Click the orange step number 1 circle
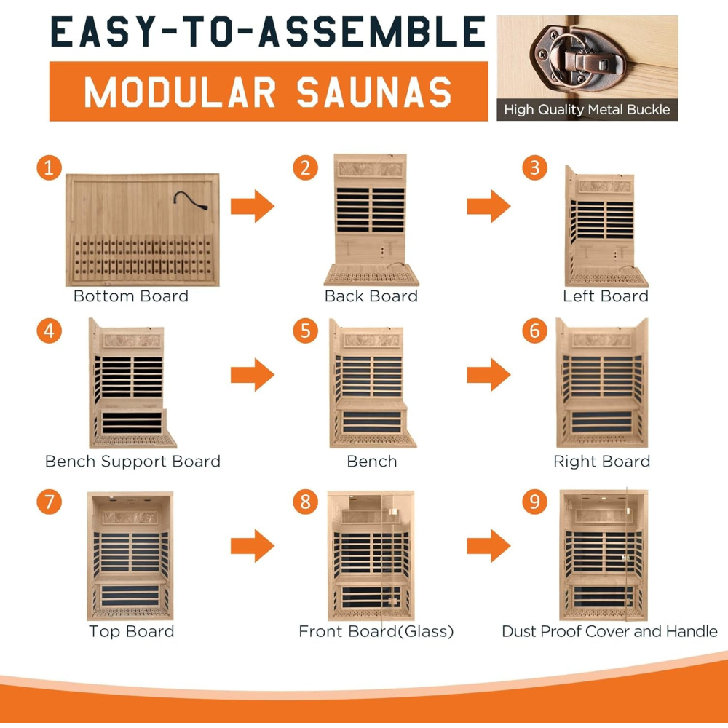[x=50, y=168]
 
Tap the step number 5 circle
[x=306, y=331]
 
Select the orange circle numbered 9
[x=535, y=502]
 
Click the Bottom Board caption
[x=131, y=296]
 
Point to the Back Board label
[x=371, y=296]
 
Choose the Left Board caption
[x=606, y=296]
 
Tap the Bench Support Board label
[x=132, y=462]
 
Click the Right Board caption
[x=602, y=462]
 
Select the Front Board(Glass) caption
[x=376, y=631]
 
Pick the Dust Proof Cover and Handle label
[x=609, y=631]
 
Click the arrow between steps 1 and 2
[x=253, y=206]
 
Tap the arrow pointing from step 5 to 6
[x=488, y=374]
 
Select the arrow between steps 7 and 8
[x=253, y=546]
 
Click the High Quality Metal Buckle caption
[x=587, y=110]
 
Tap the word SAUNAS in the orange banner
[x=374, y=92]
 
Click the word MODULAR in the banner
[x=180, y=92]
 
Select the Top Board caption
[x=131, y=631]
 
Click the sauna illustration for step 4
[x=132, y=383]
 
